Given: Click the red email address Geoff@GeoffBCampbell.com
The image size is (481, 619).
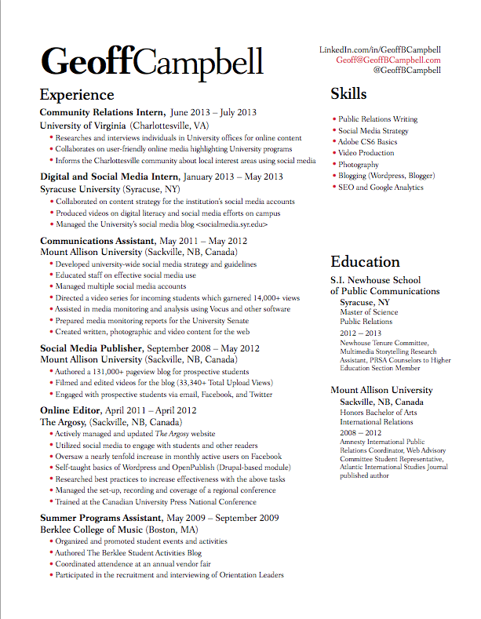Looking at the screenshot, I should point(388,60).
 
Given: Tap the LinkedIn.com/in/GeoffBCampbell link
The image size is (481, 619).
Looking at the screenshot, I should point(380,49).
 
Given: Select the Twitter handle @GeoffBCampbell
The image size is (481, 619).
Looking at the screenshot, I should point(406,70).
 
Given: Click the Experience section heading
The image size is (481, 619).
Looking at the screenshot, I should point(77,96).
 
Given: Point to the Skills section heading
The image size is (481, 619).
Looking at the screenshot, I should point(348,94).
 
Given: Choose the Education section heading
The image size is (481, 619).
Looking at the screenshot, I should point(365,261).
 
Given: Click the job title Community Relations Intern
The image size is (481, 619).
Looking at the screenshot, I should point(102,112).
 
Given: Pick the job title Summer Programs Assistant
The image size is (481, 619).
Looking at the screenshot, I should point(100,518).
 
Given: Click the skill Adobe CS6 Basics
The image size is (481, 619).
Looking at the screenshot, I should point(368,142).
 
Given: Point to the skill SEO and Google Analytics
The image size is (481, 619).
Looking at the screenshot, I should point(381,188).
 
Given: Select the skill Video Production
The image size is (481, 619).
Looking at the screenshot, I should point(366,153).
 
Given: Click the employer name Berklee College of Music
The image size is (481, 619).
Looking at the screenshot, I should point(91,530).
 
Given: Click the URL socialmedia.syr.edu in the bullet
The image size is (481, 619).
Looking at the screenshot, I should point(231,224).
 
